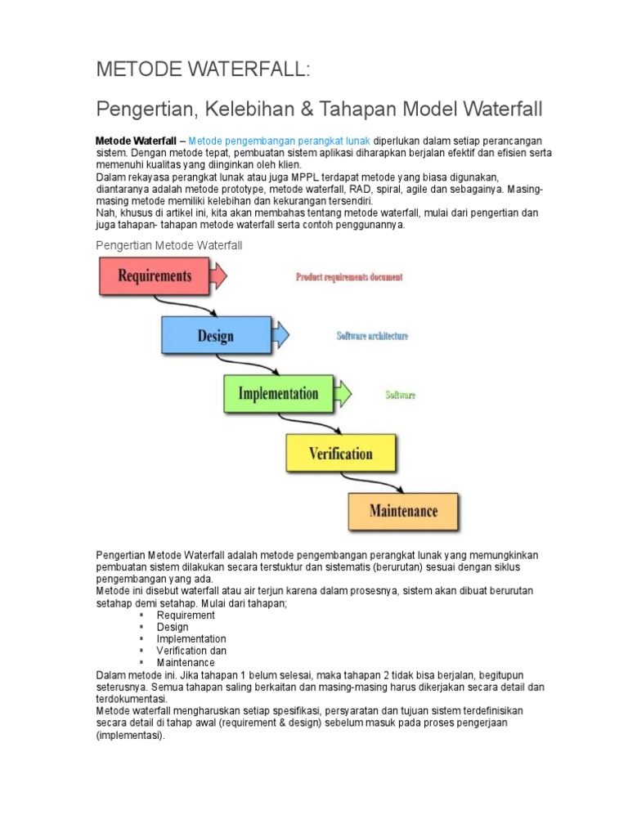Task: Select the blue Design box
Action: [215, 335]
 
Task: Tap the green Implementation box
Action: [277, 393]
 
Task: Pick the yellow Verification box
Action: [340, 453]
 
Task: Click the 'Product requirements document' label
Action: [349, 277]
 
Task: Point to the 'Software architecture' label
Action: [372, 336]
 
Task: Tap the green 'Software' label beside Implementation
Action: [400, 395]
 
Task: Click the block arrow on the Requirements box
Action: [218, 275]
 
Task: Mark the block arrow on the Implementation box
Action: [342, 393]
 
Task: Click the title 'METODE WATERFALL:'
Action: [204, 69]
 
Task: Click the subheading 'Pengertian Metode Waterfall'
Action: [169, 245]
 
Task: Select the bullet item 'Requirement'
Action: [186, 615]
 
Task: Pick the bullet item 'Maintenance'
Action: [186, 662]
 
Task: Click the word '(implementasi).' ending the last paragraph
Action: [130, 735]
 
